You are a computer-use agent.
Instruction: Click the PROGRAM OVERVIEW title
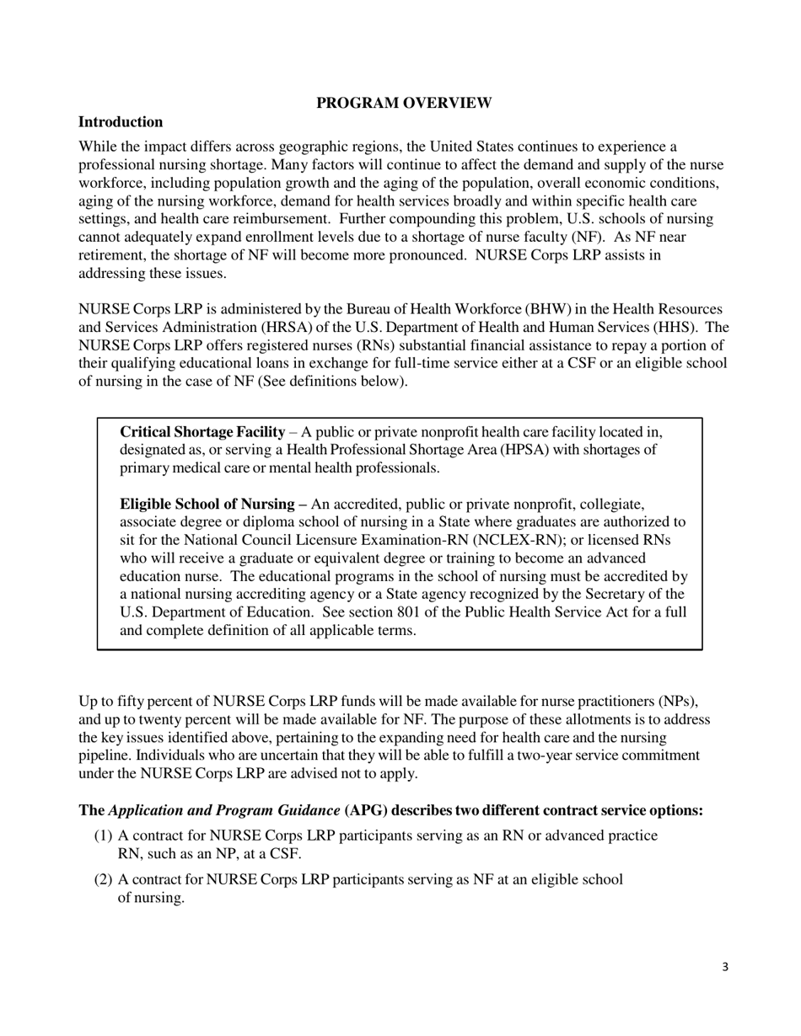click(x=404, y=103)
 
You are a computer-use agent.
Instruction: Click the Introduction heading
click(x=121, y=121)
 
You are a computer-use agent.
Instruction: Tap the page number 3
click(x=725, y=967)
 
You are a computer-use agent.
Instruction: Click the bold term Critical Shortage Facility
click(x=202, y=431)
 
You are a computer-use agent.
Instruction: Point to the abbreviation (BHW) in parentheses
click(x=530, y=309)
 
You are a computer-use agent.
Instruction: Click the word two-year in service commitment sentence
click(x=558, y=756)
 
